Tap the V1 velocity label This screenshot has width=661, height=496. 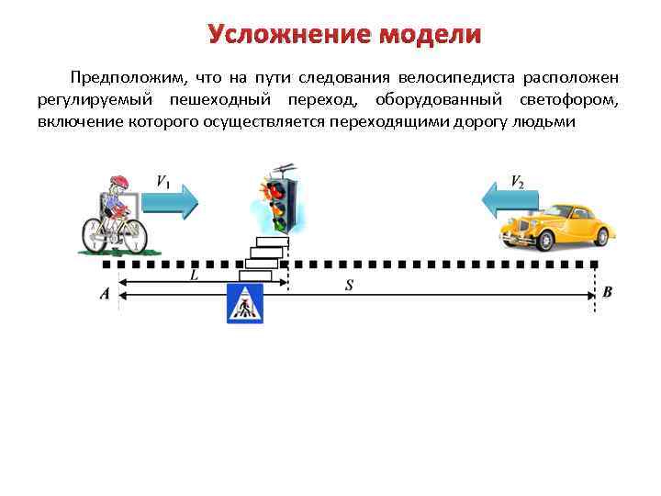tap(162, 182)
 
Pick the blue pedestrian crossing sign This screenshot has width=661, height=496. tap(245, 304)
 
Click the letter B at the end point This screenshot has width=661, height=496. tap(607, 293)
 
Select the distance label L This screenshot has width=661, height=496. tap(194, 274)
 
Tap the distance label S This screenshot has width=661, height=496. tap(350, 286)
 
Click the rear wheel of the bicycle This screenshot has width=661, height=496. tap(95, 236)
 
